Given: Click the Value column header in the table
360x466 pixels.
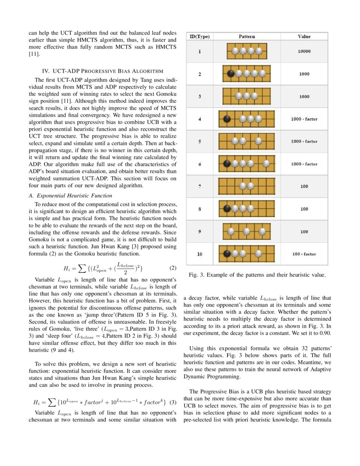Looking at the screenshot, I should [x=304, y=36].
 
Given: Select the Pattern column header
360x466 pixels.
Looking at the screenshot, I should [x=247, y=36].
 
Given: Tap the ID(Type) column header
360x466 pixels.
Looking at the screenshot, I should [x=199, y=36].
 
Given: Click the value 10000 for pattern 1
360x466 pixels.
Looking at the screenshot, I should [x=304, y=51].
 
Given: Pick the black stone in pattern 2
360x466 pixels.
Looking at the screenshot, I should [x=231, y=73].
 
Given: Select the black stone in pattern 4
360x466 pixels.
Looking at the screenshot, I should [x=227, y=119].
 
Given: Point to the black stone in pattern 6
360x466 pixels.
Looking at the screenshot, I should [x=227, y=164].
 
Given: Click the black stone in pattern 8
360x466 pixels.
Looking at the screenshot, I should [x=227, y=208].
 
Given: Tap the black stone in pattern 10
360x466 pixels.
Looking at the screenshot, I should [x=227, y=254].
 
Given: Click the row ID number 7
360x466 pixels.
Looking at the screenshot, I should [x=199, y=186].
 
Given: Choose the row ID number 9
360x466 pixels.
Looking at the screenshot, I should [x=199, y=231].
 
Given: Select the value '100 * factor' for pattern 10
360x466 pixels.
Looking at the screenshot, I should [x=304, y=254].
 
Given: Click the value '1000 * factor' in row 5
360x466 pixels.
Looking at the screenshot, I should [x=304, y=141].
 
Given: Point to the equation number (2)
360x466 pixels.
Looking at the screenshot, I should [x=172, y=268].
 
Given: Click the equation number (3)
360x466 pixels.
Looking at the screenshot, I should [x=172, y=402].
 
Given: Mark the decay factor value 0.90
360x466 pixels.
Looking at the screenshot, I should [x=325, y=333].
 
